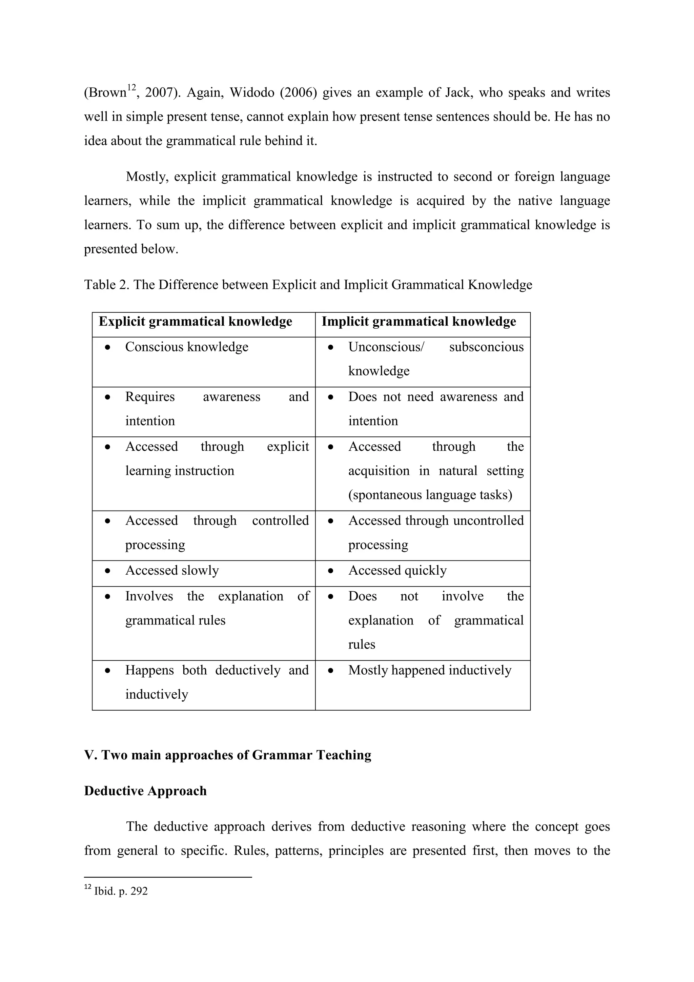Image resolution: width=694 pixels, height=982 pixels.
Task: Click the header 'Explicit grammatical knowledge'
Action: [x=196, y=321]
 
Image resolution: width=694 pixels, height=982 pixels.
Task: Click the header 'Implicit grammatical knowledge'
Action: [x=419, y=321]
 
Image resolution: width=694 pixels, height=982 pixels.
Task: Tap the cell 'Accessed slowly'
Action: [x=172, y=570]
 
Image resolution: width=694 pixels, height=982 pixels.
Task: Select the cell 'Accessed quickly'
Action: [x=397, y=570]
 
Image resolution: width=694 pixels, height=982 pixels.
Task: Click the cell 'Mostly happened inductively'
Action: [x=429, y=670]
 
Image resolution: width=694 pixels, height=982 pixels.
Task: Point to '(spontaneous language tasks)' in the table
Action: [x=430, y=495]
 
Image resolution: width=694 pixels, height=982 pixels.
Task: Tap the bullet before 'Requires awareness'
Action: [x=108, y=397]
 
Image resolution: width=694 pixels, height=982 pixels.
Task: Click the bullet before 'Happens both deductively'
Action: [x=108, y=671]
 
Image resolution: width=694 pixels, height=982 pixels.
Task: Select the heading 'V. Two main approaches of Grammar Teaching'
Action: [x=227, y=755]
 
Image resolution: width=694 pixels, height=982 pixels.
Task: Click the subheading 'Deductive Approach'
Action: [x=145, y=791]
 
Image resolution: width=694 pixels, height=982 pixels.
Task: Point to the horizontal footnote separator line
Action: [x=168, y=877]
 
